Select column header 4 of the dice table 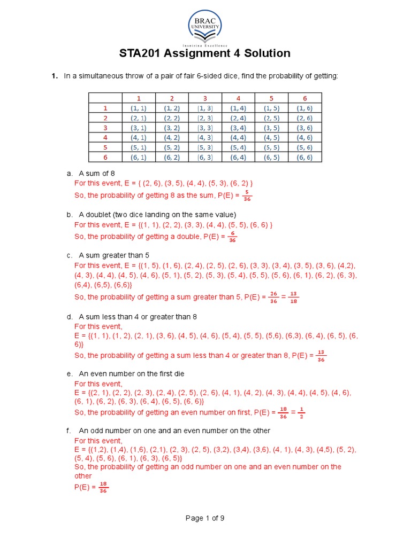pyautogui.click(x=238, y=98)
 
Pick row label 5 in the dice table pyautogui.click(x=105, y=147)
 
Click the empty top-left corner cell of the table pyautogui.click(x=105, y=98)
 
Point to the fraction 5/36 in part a pyautogui.click(x=247, y=196)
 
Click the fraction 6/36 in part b pyautogui.click(x=232, y=237)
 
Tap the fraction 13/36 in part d pyautogui.click(x=321, y=355)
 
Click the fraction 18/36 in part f pyautogui.click(x=104, y=487)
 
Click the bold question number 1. pyautogui.click(x=54, y=76)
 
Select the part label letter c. pyautogui.click(x=69, y=255)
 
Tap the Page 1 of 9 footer pyautogui.click(x=205, y=518)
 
